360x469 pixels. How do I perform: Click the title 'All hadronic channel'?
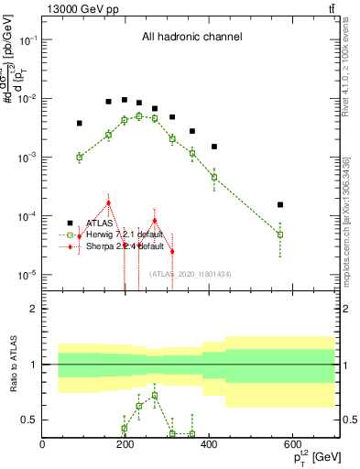(x=191, y=37)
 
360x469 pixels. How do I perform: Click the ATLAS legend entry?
(x=99, y=223)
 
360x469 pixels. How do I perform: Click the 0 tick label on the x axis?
(x=43, y=444)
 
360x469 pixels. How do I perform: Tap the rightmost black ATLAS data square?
(x=280, y=204)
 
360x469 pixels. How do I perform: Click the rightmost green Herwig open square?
(x=280, y=234)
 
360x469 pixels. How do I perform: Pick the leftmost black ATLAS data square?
(x=80, y=123)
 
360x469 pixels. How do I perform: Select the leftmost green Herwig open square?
(x=80, y=157)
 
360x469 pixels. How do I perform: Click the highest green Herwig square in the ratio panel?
(x=155, y=396)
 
